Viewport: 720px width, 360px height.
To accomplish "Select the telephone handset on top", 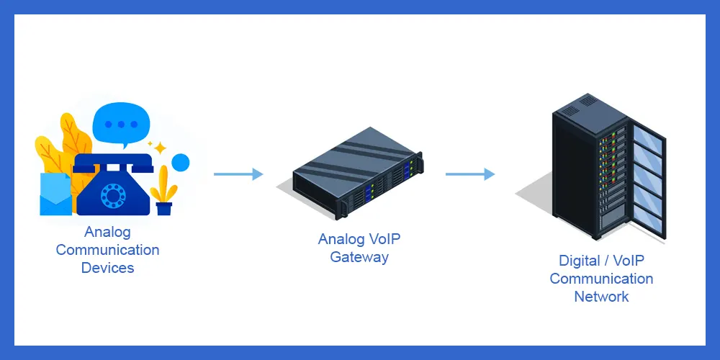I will pyautogui.click(x=114, y=163).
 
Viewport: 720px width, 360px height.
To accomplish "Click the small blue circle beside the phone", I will pyautogui.click(x=180, y=163).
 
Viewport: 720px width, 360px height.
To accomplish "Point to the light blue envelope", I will pyautogui.click(x=55, y=193).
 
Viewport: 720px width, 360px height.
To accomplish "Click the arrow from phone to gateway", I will pyautogui.click(x=238, y=174).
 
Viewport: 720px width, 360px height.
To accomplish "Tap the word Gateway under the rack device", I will pyautogui.click(x=359, y=257).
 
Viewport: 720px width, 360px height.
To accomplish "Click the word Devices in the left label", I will pyautogui.click(x=107, y=268).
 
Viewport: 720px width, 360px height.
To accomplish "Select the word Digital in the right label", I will pyautogui.click(x=580, y=261).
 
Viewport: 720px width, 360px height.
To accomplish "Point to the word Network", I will pyautogui.click(x=601, y=296).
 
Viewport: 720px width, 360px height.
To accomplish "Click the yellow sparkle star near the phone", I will pyautogui.click(x=159, y=147).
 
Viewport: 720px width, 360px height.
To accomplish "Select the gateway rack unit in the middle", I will pyautogui.click(x=357, y=171).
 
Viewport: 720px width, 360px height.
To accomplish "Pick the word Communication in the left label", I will pyautogui.click(x=107, y=250).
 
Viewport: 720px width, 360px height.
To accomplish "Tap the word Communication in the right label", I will pyautogui.click(x=601, y=279).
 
